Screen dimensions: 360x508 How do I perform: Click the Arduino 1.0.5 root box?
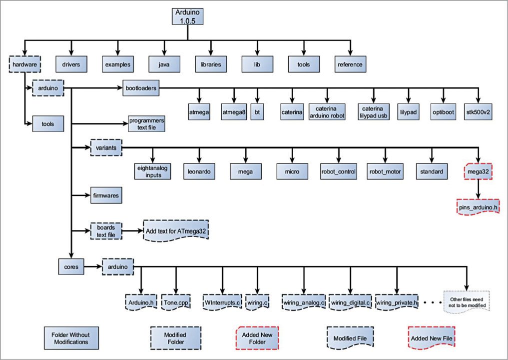click(187, 15)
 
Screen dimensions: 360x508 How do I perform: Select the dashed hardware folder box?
click(24, 64)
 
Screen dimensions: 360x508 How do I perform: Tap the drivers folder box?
click(71, 64)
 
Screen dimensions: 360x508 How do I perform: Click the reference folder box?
click(350, 64)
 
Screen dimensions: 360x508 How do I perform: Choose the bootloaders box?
click(141, 88)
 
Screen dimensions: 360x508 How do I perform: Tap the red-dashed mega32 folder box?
click(478, 171)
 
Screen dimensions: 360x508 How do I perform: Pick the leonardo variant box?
click(199, 171)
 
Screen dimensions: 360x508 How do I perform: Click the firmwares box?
click(106, 195)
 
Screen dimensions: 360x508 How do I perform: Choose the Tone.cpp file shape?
click(176, 302)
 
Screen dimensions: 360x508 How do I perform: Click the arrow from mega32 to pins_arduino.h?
click(479, 189)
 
